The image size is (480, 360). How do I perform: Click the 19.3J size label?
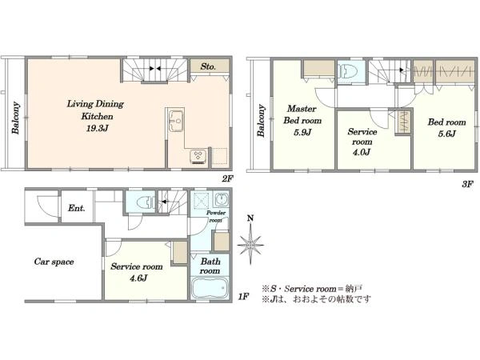[x=98, y=128]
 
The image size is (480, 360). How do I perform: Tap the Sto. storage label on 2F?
[x=208, y=66]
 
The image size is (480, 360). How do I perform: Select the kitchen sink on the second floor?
[x=176, y=121]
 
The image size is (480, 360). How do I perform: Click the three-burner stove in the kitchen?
[x=198, y=157]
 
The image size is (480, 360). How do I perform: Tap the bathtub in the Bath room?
[x=210, y=288]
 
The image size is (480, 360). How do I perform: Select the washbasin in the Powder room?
[x=221, y=200]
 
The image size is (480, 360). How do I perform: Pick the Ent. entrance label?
[x=76, y=208]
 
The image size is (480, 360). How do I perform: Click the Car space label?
[x=54, y=262]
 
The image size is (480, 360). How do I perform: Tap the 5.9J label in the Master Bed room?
[x=302, y=132]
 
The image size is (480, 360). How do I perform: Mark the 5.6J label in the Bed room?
[x=446, y=134]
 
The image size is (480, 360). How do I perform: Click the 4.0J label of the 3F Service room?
[x=362, y=152]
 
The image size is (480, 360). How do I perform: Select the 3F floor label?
[x=467, y=184]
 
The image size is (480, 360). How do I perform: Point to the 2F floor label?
[x=228, y=179]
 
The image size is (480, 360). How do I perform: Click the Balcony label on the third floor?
[x=261, y=121]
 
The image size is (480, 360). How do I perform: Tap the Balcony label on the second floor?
[x=15, y=118]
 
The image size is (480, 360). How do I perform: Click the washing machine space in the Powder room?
[x=201, y=201]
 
